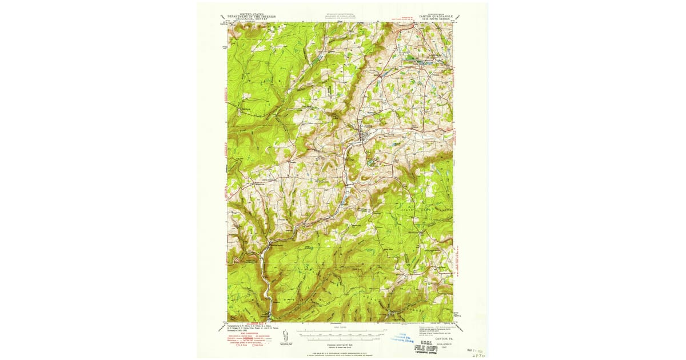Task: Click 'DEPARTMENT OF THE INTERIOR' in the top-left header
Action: [252, 17]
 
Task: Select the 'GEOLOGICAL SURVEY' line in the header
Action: [252, 19]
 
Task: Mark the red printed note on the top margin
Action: [407, 18]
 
